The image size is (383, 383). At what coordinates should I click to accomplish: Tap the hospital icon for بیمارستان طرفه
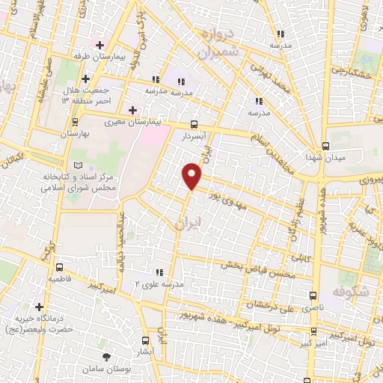(98, 45)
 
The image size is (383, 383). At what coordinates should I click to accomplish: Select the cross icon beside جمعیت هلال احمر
(85, 79)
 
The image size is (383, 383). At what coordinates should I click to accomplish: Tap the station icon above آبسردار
(194, 125)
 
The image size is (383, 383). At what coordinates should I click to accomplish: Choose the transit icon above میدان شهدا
(325, 146)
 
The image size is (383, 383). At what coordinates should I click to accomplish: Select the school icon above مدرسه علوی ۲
(158, 272)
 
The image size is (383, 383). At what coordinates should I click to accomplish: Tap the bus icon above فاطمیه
(60, 266)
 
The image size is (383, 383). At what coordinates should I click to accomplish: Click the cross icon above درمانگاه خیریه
(39, 307)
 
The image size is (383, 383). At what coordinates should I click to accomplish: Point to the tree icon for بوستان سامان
(105, 356)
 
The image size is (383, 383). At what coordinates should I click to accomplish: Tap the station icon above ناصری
(313, 295)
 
